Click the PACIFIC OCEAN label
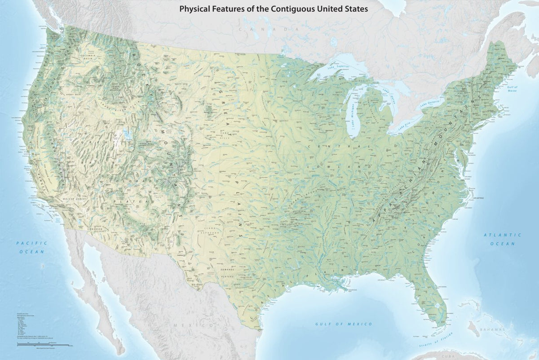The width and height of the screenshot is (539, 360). point(31,247)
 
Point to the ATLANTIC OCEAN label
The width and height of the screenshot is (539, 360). point(503,239)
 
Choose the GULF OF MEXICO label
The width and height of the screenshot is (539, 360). point(344,324)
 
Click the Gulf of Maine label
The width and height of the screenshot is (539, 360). point(512,88)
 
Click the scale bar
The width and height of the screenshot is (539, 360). point(43,345)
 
